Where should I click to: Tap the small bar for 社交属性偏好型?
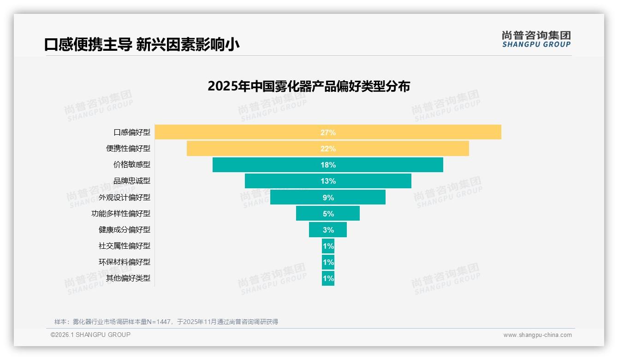tap(328, 246)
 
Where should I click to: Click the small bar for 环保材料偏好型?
tap(328, 262)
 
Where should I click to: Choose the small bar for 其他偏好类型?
tap(328, 278)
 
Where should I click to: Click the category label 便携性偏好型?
tap(128, 149)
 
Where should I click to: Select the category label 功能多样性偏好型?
tap(121, 213)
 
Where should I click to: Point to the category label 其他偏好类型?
tap(128, 278)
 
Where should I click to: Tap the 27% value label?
tap(328, 132)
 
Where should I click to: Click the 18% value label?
tap(328, 165)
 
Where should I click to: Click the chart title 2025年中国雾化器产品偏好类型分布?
tap(309, 86)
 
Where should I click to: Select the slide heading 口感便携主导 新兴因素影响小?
tap(142, 44)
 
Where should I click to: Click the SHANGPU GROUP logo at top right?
tap(536, 39)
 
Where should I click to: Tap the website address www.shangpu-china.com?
tap(537, 335)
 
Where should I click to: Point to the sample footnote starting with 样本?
tap(166, 322)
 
